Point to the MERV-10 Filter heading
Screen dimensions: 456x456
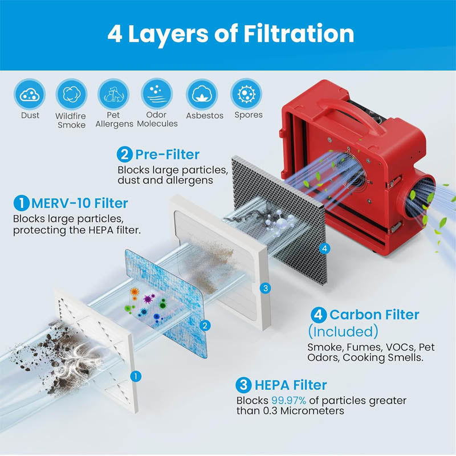tap(79, 203)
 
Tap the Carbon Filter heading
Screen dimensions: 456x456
tap(374, 315)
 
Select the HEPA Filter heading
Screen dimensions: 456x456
tap(289, 386)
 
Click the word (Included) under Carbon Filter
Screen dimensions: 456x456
tap(343, 331)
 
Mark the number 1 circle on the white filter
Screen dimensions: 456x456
tap(135, 376)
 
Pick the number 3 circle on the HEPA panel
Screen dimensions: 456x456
tap(265, 288)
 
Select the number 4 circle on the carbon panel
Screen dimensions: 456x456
tap(324, 249)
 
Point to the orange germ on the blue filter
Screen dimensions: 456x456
tap(135, 292)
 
